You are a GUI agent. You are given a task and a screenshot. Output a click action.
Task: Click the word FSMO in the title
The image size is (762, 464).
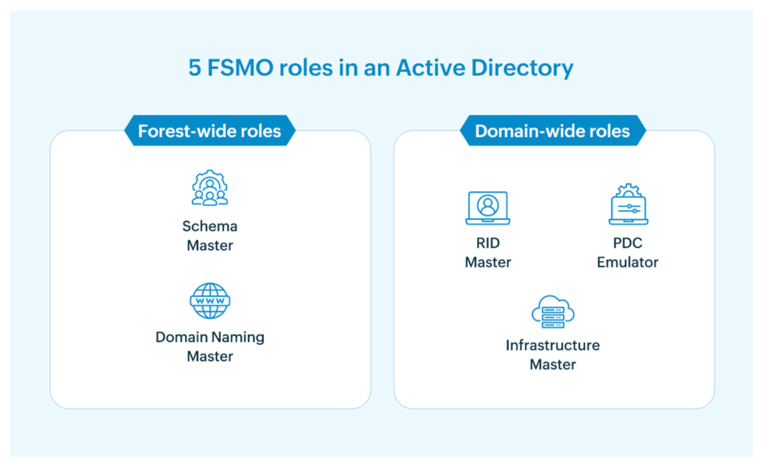[x=240, y=68]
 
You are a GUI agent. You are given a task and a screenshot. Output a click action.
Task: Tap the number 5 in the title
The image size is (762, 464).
[x=195, y=68]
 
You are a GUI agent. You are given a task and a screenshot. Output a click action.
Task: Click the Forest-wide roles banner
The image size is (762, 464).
[x=209, y=131]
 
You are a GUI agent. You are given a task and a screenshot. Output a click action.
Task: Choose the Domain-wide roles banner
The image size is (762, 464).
[x=552, y=131]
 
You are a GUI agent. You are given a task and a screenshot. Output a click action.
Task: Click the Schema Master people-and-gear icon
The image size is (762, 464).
[x=209, y=188]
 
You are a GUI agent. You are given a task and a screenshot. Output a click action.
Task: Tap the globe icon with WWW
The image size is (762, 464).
[x=210, y=301]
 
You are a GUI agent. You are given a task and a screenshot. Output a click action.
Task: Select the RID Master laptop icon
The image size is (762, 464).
[x=488, y=208]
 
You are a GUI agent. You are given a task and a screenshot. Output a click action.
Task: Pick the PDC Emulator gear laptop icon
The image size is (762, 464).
[x=628, y=205]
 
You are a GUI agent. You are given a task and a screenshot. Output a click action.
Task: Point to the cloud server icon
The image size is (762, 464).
[x=553, y=312]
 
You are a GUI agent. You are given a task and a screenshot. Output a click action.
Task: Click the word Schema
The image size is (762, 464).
[x=209, y=226]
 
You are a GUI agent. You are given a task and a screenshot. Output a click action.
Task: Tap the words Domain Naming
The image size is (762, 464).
[x=209, y=337]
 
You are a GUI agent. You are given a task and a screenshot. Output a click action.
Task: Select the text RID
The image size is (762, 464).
[x=488, y=243]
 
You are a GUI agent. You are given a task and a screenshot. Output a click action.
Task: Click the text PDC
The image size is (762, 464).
[x=627, y=243]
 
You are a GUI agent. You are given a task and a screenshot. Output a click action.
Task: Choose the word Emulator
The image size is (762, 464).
[x=627, y=262]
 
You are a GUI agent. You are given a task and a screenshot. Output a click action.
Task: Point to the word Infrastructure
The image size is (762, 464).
[x=553, y=345]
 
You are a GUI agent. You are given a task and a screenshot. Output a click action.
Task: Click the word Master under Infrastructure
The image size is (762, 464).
[x=553, y=365]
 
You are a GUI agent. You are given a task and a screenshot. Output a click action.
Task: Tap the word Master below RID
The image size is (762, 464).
[x=488, y=262]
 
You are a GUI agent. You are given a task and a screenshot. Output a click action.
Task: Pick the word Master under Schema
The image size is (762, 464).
[x=209, y=246]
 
